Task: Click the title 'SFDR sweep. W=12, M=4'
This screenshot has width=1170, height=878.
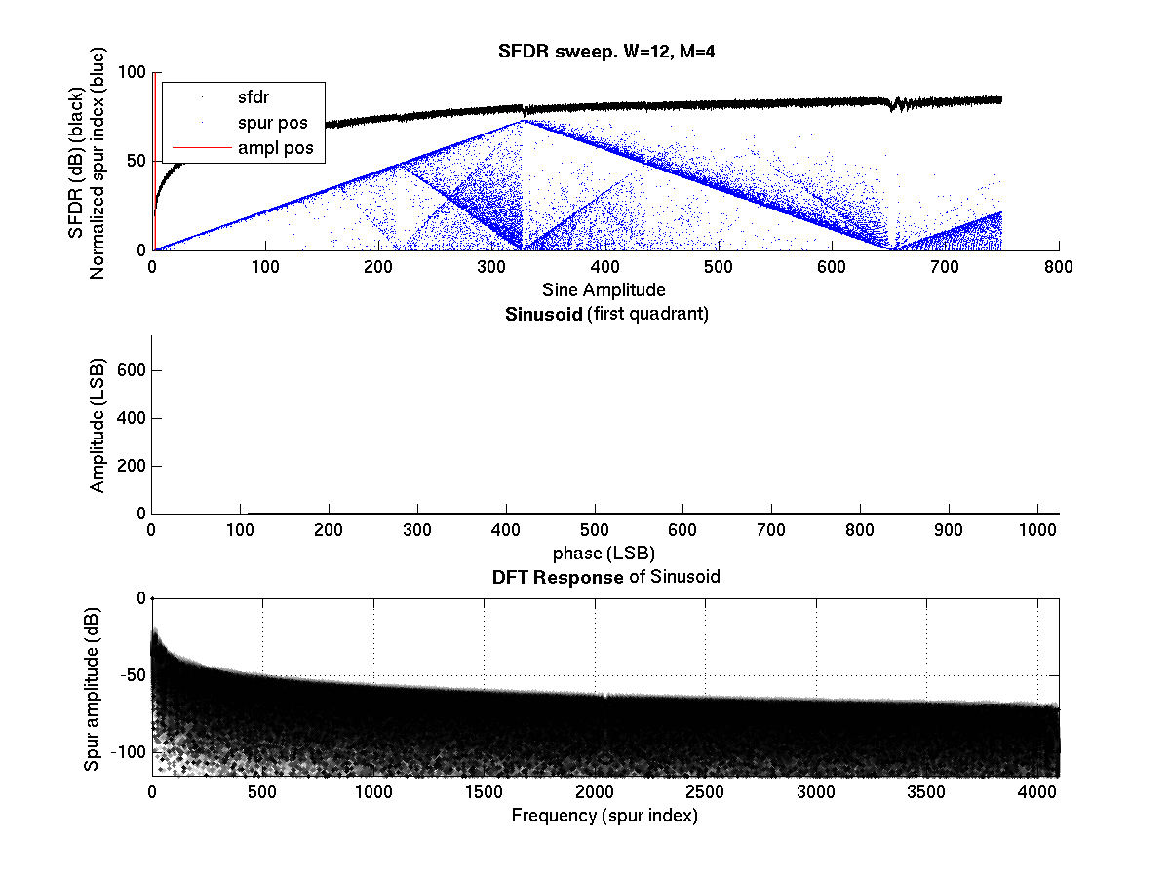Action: coord(606,52)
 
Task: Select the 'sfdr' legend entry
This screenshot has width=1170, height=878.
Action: coord(253,97)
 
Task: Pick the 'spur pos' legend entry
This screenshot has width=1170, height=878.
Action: coord(272,123)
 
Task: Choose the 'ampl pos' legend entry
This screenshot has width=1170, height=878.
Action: coord(275,148)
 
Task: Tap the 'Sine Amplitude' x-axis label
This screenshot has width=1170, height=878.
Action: coord(604,289)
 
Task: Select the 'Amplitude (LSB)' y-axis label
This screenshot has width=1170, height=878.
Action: coord(97,423)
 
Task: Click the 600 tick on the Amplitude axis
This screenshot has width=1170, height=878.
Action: coord(134,371)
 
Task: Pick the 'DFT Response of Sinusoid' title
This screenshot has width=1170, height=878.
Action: coord(605,576)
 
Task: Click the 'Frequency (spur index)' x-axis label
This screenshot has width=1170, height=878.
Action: coord(604,816)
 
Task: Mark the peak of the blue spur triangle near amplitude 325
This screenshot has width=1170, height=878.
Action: coord(522,121)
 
